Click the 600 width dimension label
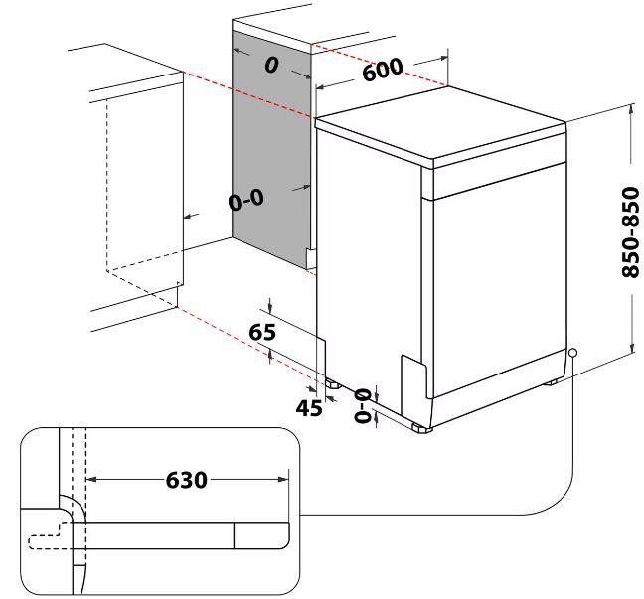pos(383,69)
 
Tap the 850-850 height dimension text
pos(631,232)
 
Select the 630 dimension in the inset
pos(187,480)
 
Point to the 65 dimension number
pos(262,332)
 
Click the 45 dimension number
pos(309,407)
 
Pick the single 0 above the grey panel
pos(271,65)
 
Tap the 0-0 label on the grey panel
pos(246,200)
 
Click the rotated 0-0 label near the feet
pos(363,406)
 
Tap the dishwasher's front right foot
pos(421,428)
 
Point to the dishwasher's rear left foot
pos(333,384)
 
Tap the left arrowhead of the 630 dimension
pos(91,479)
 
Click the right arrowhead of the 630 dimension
pos(284,479)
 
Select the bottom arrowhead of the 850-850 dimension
pos(631,348)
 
